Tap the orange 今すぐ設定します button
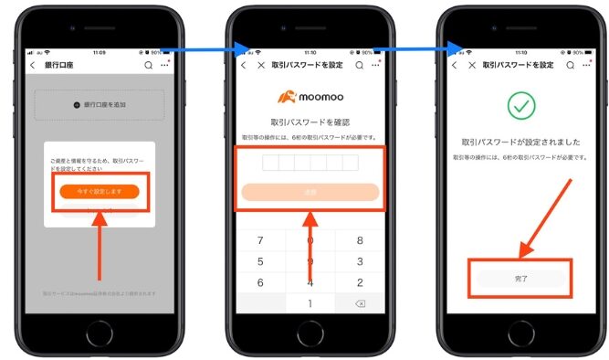pos(100,191)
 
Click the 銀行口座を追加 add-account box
pos(100,105)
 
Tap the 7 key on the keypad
pos(260,240)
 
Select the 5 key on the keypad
pos(260,261)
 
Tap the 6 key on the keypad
pos(260,282)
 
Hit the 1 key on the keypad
pos(310,303)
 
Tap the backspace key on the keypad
pos(360,303)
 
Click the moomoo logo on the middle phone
pos(310,96)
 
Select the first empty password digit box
pos(271,163)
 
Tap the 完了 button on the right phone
pos(520,277)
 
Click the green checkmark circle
pos(520,108)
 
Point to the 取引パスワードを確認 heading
pos(310,122)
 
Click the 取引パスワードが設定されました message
pos(520,142)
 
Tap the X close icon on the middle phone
pos(262,66)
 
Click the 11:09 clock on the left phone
pos(98,51)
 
